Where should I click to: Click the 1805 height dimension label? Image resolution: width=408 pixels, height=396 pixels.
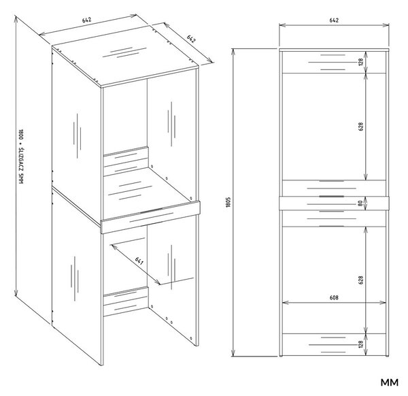pyautogui.click(x=228, y=202)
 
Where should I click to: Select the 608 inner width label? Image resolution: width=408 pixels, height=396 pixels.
pyautogui.click(x=334, y=297)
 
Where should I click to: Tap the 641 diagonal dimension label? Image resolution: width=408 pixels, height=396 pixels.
pyautogui.click(x=139, y=261)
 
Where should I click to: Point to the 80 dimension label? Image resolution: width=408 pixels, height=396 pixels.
pyautogui.click(x=360, y=203)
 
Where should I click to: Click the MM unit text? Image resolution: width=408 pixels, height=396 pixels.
pyautogui.click(x=390, y=382)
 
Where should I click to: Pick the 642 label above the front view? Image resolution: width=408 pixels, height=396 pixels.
pyautogui.click(x=334, y=20)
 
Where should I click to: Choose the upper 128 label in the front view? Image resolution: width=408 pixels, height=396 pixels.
pyautogui.click(x=360, y=62)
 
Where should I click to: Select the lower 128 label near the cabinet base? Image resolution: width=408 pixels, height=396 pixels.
pyautogui.click(x=360, y=344)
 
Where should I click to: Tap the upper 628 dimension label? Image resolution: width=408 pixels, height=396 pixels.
pyautogui.click(x=360, y=127)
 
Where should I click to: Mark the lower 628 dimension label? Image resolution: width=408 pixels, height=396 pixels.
pyautogui.click(x=360, y=280)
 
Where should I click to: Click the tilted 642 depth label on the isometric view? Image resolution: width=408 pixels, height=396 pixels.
pyautogui.click(x=191, y=39)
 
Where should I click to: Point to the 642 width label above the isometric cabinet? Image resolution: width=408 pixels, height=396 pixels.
pyautogui.click(x=86, y=20)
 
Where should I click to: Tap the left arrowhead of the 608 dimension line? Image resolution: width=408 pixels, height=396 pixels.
pyautogui.click(x=285, y=303)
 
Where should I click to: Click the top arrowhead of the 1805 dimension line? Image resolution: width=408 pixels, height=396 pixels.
pyautogui.click(x=233, y=51)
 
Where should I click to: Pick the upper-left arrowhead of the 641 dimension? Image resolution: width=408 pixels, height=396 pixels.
pyautogui.click(x=113, y=246)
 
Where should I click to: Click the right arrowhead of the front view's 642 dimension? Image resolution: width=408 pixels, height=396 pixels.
pyautogui.click(x=386, y=25)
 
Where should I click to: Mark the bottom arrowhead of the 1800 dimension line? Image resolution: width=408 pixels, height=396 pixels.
pyautogui.click(x=16, y=294)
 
